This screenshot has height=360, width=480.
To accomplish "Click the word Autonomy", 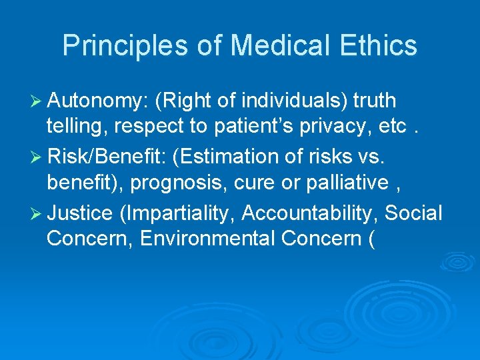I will click(97, 101).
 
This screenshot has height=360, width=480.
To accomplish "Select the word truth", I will click(375, 101).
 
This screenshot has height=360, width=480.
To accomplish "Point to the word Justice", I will click(80, 213).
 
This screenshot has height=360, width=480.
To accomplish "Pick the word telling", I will click(73, 129).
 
